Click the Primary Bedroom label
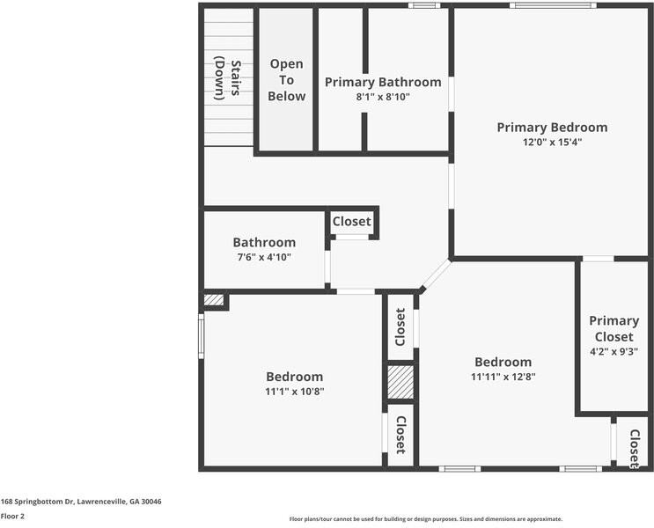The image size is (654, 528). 551,127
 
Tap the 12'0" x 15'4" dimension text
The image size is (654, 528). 551,142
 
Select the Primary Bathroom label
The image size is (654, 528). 383,82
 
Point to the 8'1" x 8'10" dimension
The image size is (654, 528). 383,97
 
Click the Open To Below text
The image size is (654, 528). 286,80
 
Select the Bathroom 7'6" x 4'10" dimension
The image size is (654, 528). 264,258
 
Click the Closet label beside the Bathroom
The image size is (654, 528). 352,222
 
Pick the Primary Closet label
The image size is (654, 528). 614,328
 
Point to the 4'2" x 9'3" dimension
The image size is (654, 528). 614,352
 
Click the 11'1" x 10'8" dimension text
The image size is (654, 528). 295,392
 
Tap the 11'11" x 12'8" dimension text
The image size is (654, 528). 503,377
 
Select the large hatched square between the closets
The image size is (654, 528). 400,383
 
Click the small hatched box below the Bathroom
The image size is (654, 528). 214,300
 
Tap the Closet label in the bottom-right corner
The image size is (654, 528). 634,448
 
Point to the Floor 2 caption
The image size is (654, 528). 12,517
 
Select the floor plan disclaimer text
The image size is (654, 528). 425,519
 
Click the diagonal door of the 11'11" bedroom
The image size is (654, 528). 435,275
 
